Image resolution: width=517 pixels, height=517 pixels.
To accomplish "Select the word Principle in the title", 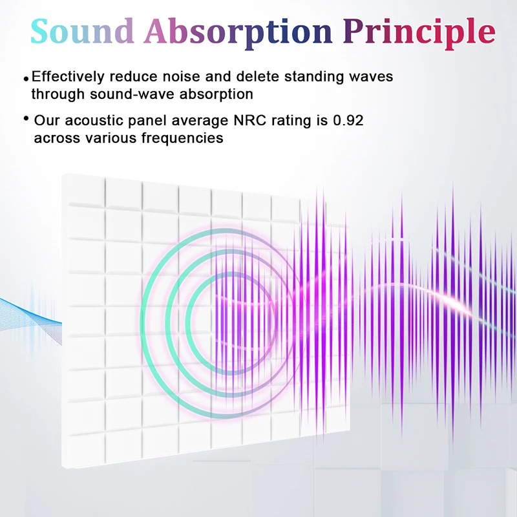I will coord(419,30).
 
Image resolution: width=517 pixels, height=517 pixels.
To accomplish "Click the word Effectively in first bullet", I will coord(67,77).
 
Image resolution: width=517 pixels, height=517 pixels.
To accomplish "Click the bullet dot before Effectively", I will coord(26,79).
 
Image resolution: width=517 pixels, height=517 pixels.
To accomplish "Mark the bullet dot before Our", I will coord(26,119).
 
